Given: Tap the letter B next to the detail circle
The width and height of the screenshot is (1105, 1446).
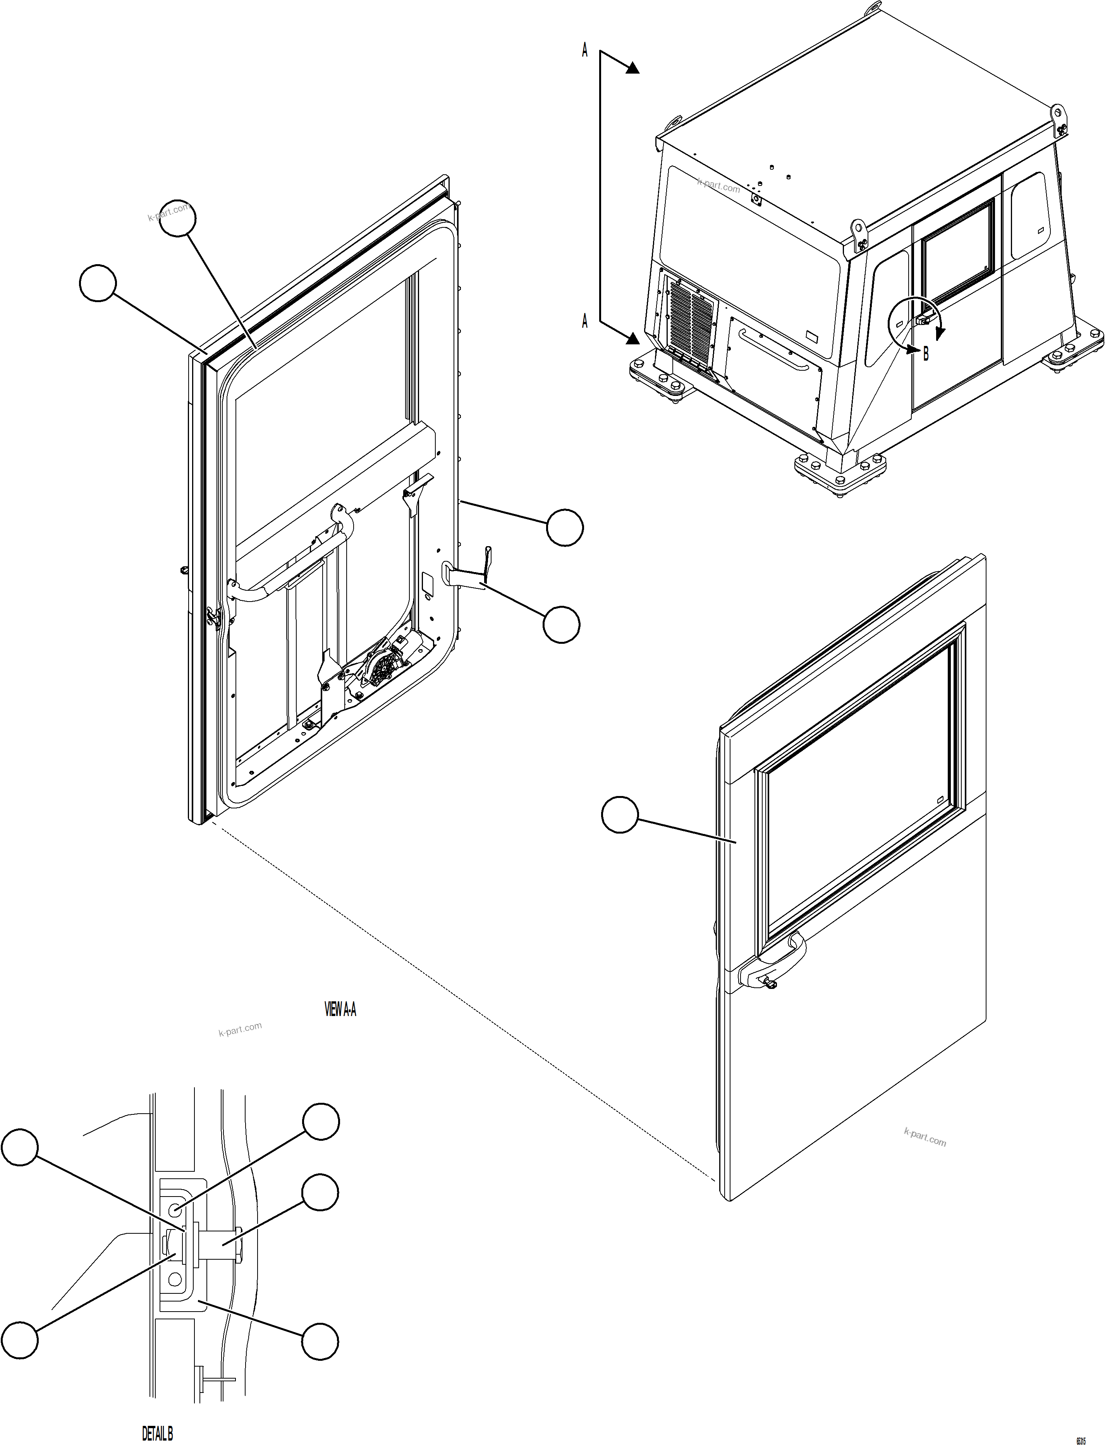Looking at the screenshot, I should coord(926,354).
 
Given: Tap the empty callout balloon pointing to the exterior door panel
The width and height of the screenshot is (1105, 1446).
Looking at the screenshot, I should coord(620,815).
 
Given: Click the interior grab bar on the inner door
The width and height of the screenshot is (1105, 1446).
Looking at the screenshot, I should coord(289,566).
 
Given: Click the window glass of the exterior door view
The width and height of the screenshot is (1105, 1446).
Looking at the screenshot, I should coord(855,789).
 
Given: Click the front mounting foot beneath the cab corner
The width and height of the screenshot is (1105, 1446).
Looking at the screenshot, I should coord(839,470).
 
